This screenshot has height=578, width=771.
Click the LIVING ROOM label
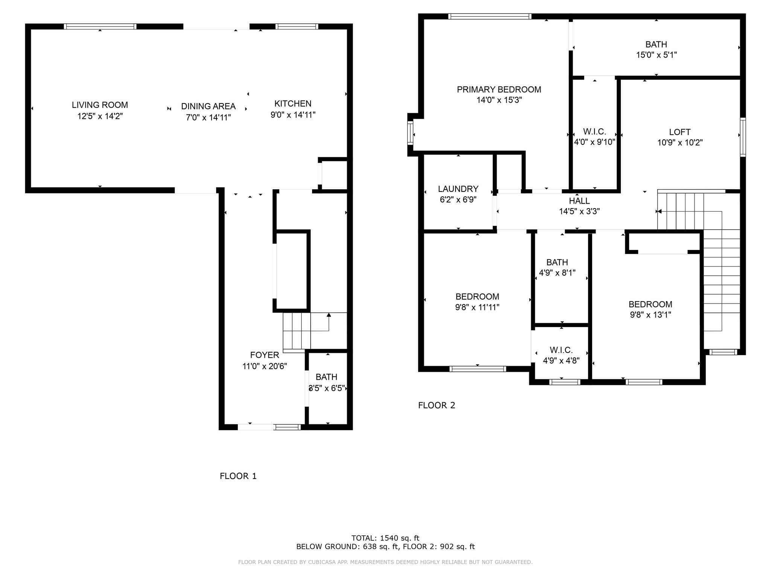coord(100,105)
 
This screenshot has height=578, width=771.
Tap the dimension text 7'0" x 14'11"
coord(208,117)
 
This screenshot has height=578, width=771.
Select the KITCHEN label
coord(293,103)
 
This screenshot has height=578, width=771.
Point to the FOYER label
coord(265,355)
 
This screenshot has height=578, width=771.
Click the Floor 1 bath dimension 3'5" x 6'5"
coord(326,388)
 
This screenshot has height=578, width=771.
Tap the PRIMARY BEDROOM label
coord(499,90)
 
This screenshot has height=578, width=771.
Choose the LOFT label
coord(680,132)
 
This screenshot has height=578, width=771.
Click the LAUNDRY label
coord(458,189)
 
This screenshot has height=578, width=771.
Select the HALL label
coord(579,201)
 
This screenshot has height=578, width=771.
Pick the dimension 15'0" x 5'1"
coord(656,55)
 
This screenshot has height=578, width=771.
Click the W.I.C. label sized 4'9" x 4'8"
coord(561,350)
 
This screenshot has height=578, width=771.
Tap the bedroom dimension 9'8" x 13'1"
coord(650,315)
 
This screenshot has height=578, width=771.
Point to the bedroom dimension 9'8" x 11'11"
coord(477,307)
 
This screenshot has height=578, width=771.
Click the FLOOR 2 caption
coord(436,405)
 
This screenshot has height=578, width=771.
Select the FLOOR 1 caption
coord(238,476)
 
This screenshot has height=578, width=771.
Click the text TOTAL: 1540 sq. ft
coord(385,538)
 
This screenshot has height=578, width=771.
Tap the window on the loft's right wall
coord(743,137)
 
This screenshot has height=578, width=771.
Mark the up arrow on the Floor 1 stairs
coord(329,315)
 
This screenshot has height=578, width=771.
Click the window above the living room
coord(100,26)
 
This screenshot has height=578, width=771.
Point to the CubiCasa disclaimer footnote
coord(385,562)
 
